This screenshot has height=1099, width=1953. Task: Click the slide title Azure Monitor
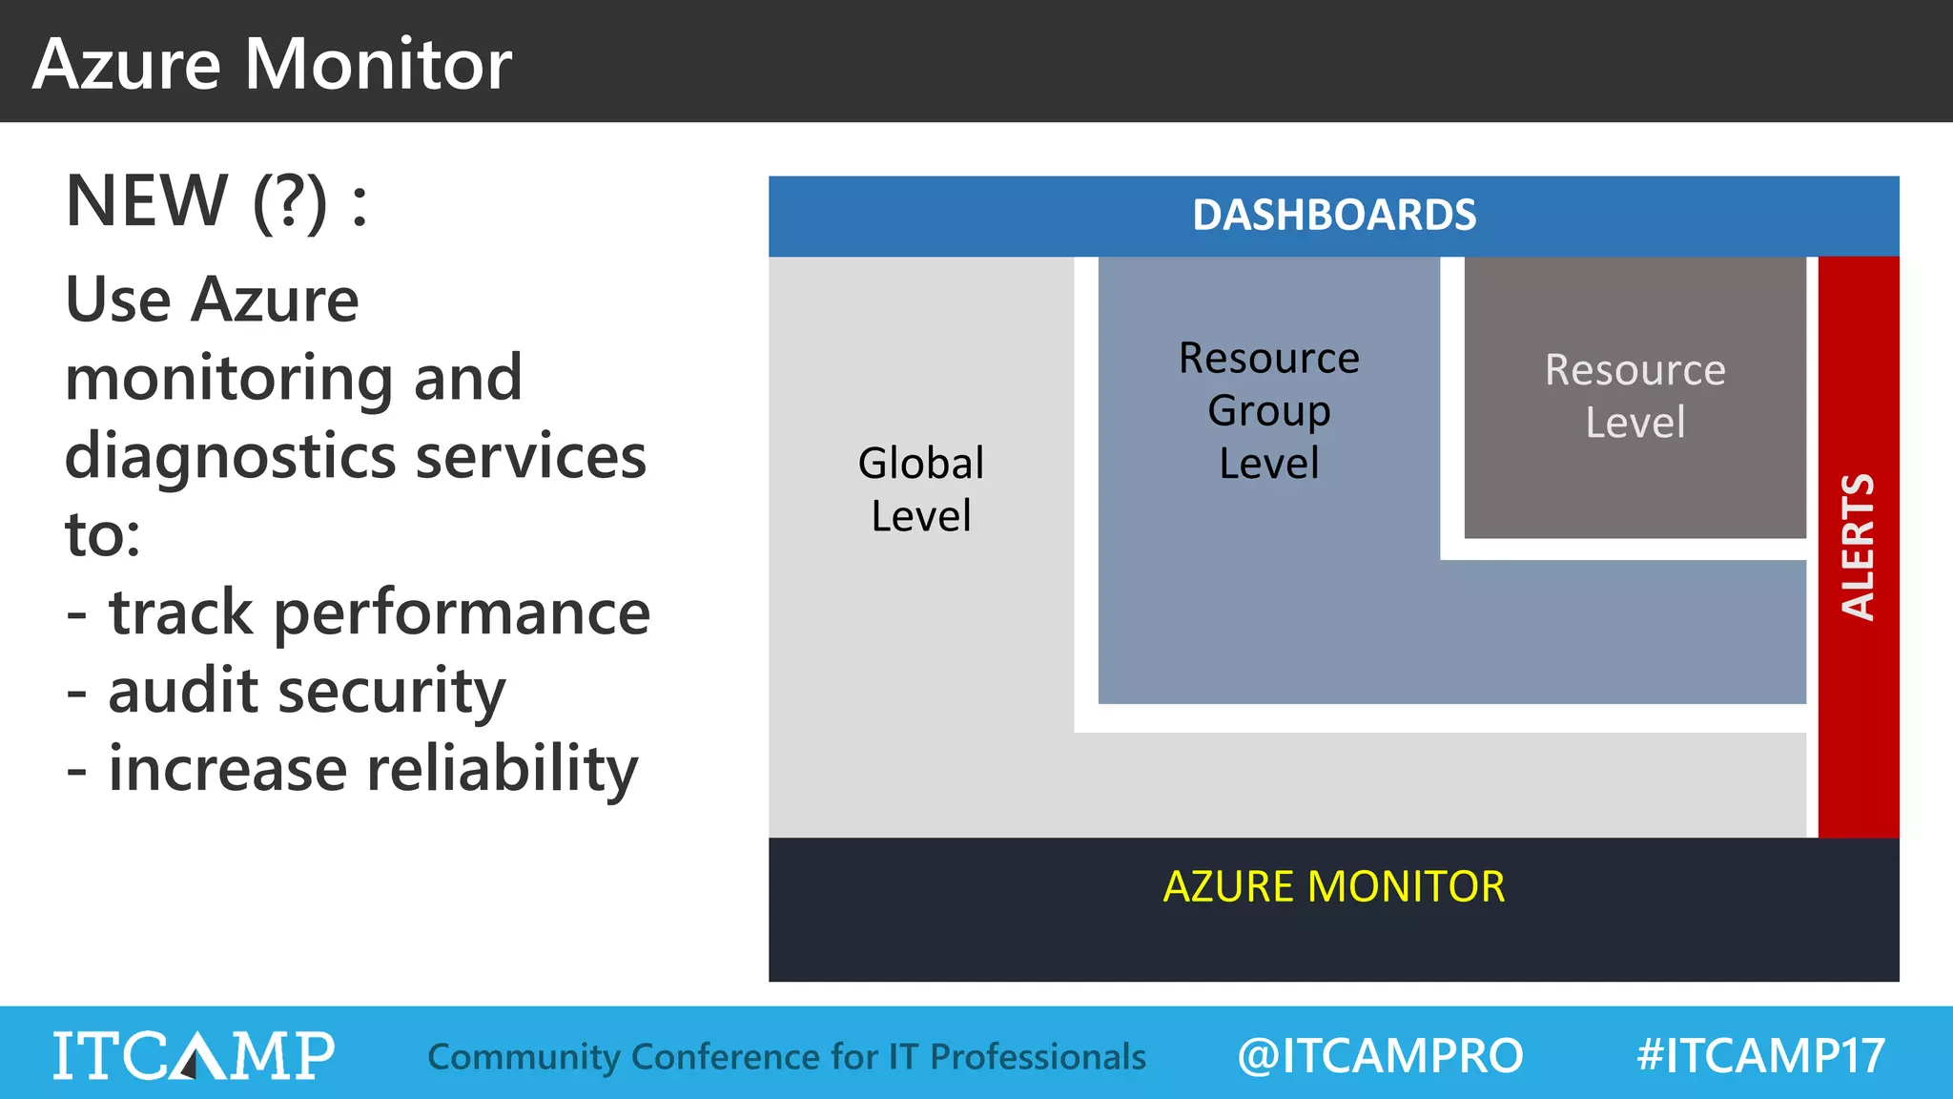272,64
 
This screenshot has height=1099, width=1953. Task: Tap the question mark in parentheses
290,203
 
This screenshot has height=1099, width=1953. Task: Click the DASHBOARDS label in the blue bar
1333,216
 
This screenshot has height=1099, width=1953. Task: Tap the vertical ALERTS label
1858,547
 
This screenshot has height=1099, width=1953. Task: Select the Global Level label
920,489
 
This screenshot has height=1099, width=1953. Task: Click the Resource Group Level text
1268,410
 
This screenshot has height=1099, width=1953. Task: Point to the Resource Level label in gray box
1634,396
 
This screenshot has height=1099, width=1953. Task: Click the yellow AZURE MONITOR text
1333,887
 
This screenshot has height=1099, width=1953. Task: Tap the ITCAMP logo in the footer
194,1055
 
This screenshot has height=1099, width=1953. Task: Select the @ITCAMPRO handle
1379,1056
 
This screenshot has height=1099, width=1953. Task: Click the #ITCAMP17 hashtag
1759,1056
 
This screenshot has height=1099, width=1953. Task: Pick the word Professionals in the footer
1038,1057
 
